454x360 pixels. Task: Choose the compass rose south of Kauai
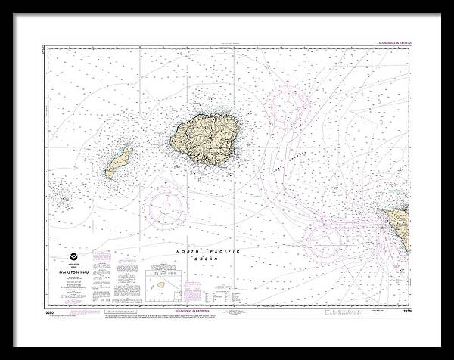[x=167, y=206]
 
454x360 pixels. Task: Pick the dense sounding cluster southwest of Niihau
[x=64, y=200]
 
